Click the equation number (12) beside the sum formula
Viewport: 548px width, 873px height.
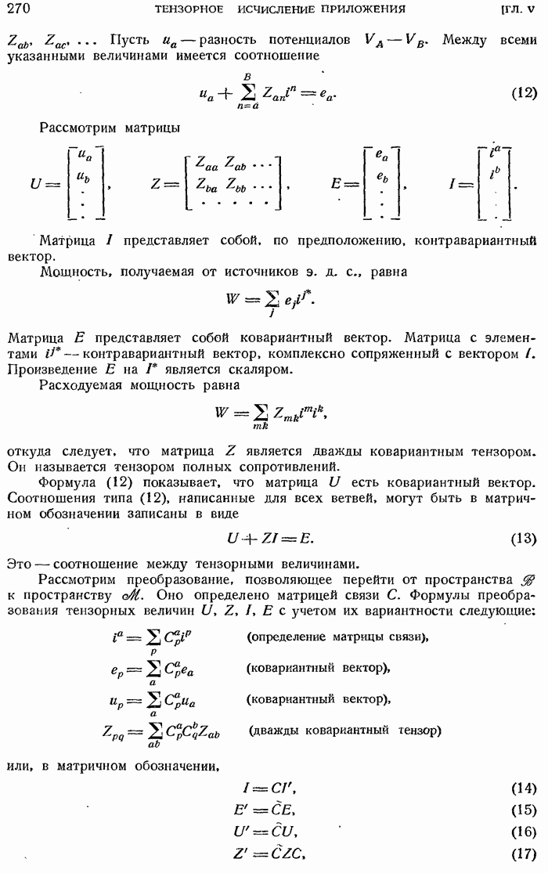[x=523, y=93]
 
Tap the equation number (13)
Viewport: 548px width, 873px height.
[x=523, y=538]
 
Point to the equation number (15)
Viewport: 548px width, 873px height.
[x=523, y=810]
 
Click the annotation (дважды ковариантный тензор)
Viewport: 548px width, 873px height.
[x=345, y=731]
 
